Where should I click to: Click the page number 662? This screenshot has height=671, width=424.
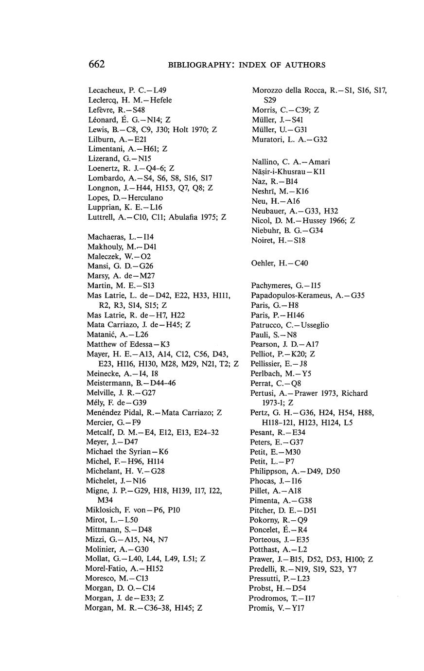coord(97,64)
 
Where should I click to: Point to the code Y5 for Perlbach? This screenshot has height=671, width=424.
coord(308,373)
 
